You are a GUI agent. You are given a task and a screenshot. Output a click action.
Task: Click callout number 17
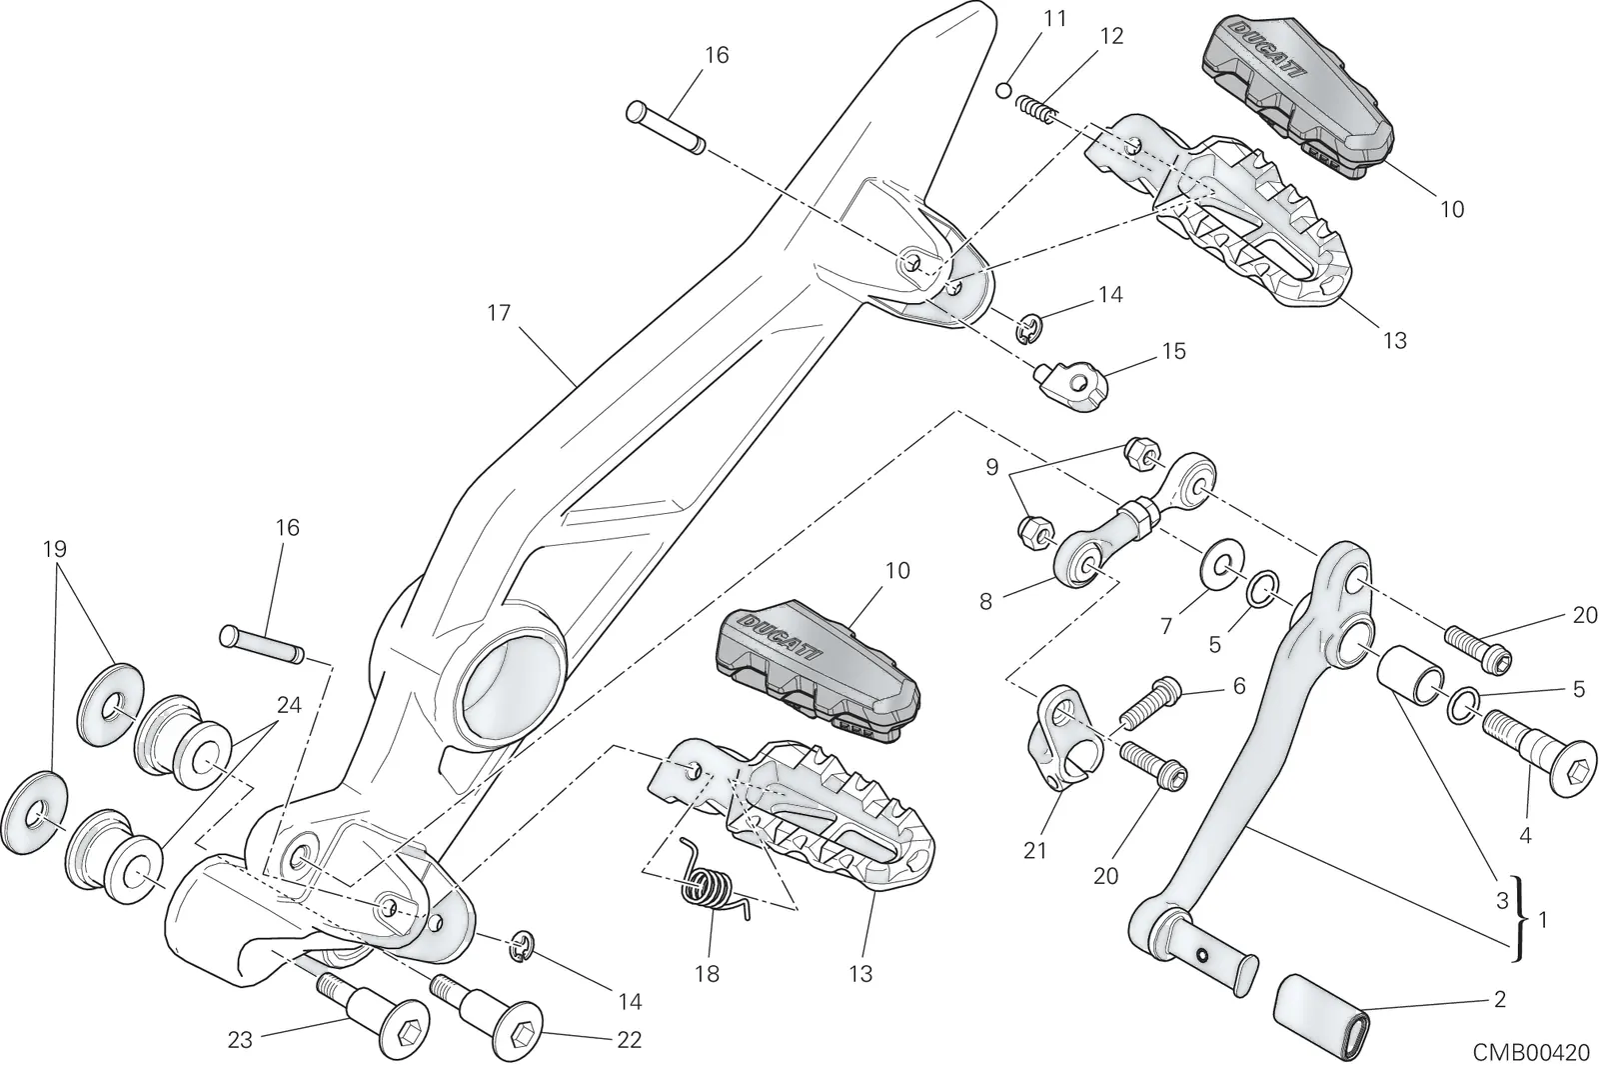499,314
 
